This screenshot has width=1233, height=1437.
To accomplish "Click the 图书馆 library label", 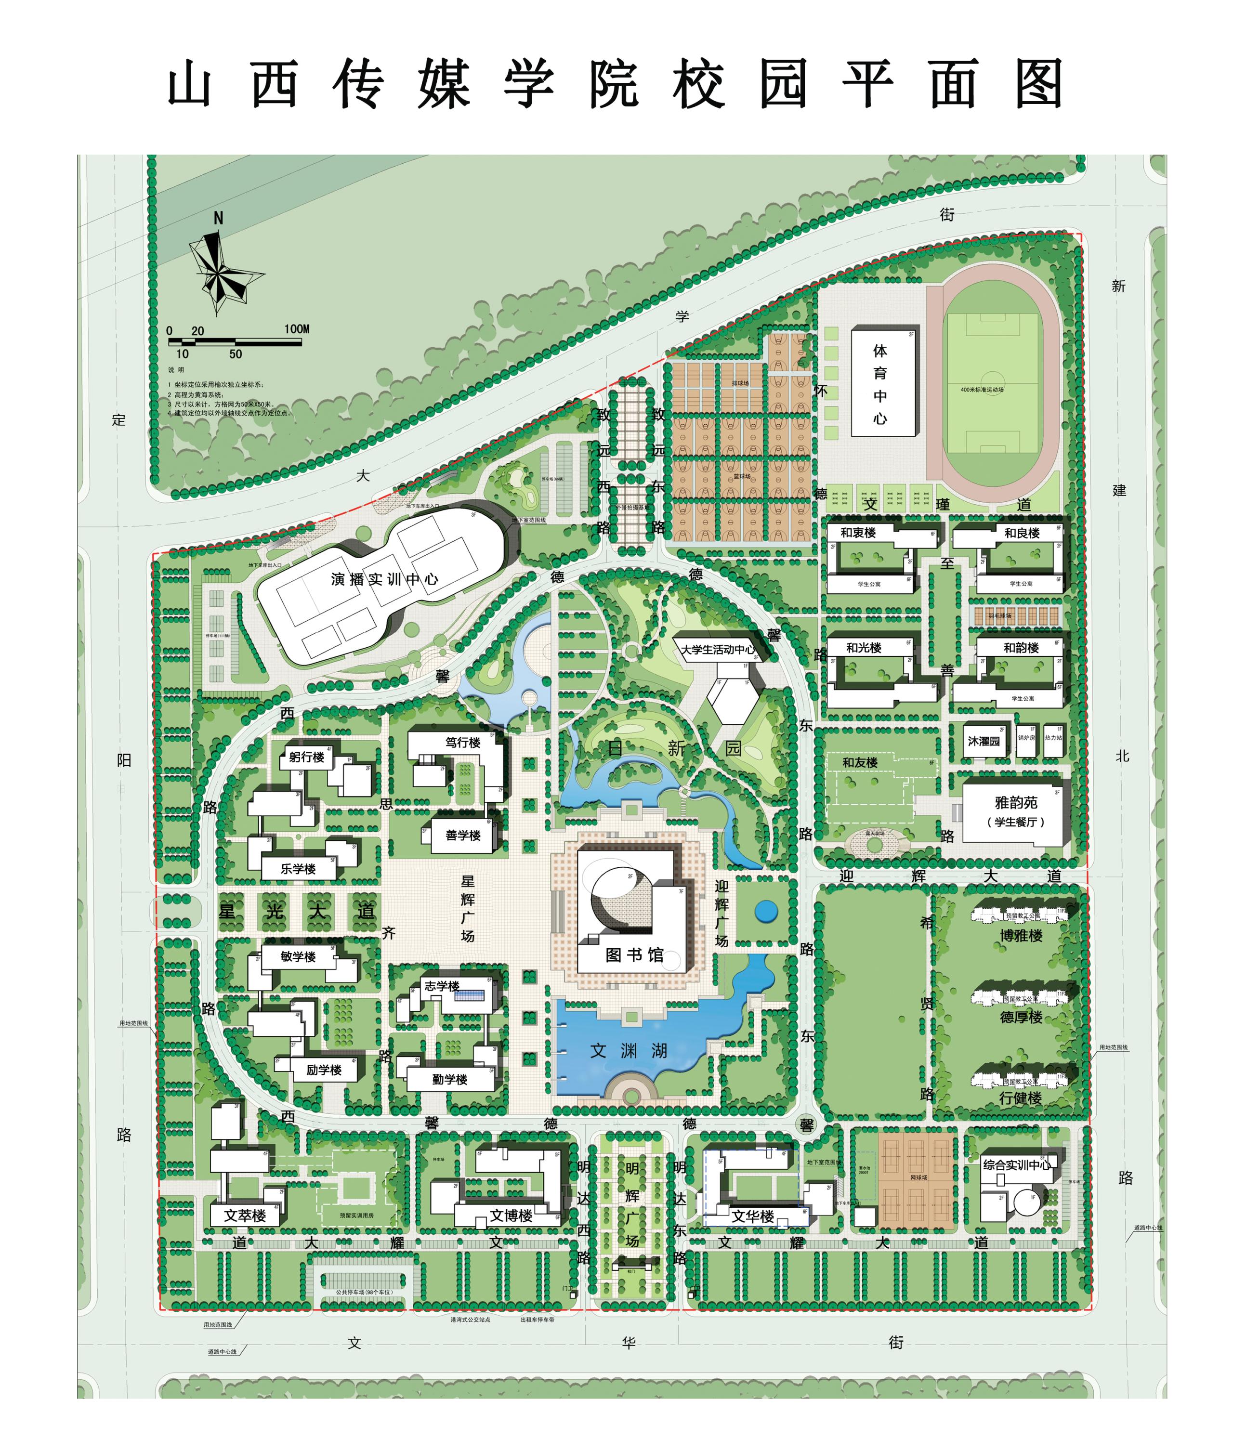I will (634, 955).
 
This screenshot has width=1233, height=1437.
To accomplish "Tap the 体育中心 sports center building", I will (880, 383).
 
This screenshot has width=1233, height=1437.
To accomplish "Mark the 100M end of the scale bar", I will (300, 342).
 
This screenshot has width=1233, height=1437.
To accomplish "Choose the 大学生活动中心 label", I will (717, 649).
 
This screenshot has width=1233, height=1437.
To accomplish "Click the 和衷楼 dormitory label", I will (858, 533).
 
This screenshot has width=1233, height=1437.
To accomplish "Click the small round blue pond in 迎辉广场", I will (766, 911).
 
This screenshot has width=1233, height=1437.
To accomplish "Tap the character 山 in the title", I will (189, 84).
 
